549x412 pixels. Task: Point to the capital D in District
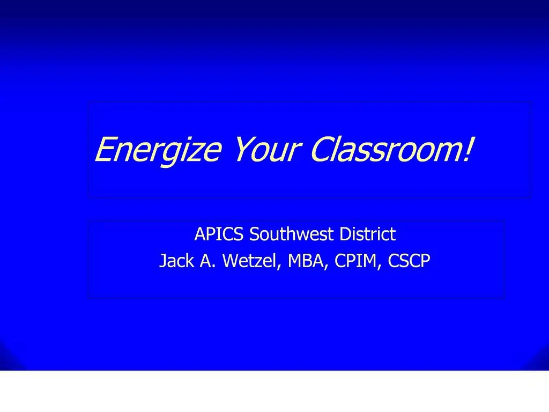(341, 234)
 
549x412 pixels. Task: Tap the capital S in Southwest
(254, 234)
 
